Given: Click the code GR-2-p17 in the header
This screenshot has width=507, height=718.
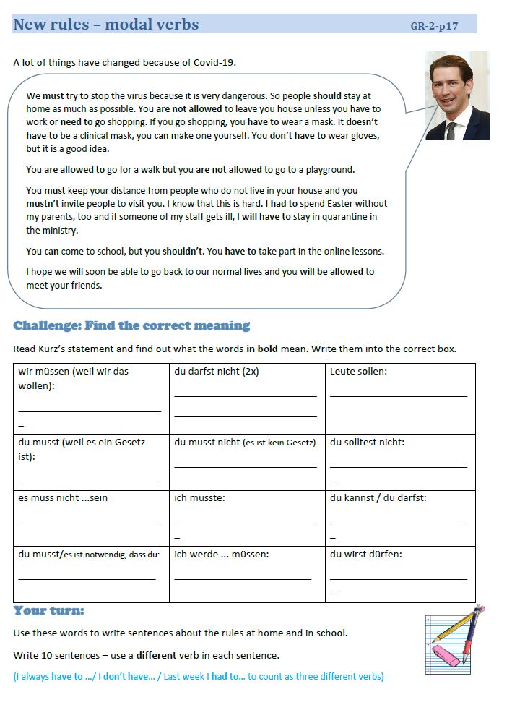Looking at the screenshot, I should (x=433, y=27).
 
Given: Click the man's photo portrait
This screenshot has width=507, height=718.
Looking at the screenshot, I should (x=457, y=95).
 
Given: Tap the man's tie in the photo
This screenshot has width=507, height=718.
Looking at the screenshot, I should (x=451, y=131).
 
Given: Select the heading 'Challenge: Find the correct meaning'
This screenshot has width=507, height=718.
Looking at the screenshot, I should (x=131, y=325).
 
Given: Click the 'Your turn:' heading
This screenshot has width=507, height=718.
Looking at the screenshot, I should (x=48, y=611).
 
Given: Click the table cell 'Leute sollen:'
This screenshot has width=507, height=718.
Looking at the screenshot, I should (x=400, y=398).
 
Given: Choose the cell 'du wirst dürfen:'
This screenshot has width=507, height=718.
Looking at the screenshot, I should (x=400, y=573).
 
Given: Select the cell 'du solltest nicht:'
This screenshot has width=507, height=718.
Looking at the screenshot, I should (x=400, y=461).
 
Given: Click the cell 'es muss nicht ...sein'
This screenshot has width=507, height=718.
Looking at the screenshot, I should (x=91, y=518).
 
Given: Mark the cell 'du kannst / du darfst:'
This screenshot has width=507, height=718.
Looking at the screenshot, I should (x=400, y=518).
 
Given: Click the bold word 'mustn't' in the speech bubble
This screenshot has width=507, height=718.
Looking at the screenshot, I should (x=42, y=204).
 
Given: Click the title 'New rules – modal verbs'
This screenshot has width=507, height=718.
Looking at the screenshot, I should (x=106, y=25).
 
